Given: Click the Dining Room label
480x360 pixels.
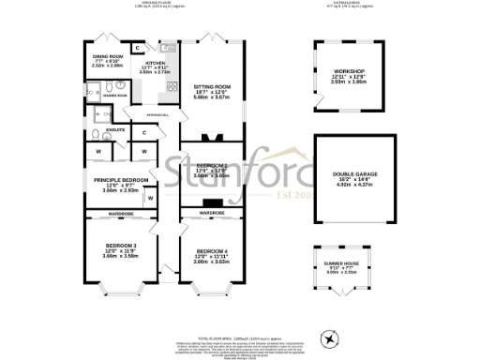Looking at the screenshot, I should [x=104, y=57].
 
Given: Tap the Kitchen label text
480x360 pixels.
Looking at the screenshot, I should [x=154, y=63].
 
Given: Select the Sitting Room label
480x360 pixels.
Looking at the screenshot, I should [x=211, y=87].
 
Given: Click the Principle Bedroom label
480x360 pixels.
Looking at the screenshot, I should [x=114, y=179].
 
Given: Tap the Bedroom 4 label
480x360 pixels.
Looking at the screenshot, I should [x=211, y=251].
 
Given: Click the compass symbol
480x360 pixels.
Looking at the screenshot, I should [x=330, y=337].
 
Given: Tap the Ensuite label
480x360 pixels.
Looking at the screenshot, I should [x=116, y=129].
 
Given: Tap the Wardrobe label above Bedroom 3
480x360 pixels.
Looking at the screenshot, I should [x=121, y=214].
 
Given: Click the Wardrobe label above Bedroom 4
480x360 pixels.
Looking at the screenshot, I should [x=212, y=214].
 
